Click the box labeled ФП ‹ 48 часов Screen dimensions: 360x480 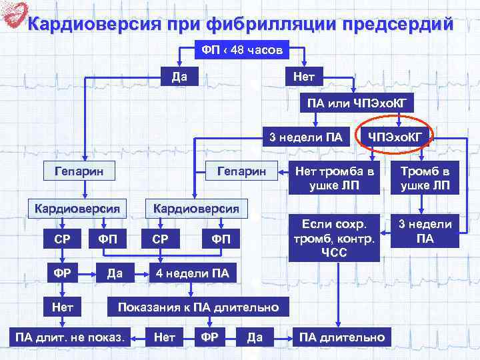point(242,50)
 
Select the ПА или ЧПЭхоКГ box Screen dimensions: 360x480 point(356,103)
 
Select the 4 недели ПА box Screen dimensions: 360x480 point(192,273)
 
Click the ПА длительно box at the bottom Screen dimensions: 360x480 point(342,337)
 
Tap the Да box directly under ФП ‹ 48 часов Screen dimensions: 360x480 point(178,76)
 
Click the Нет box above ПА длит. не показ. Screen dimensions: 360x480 point(64,307)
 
